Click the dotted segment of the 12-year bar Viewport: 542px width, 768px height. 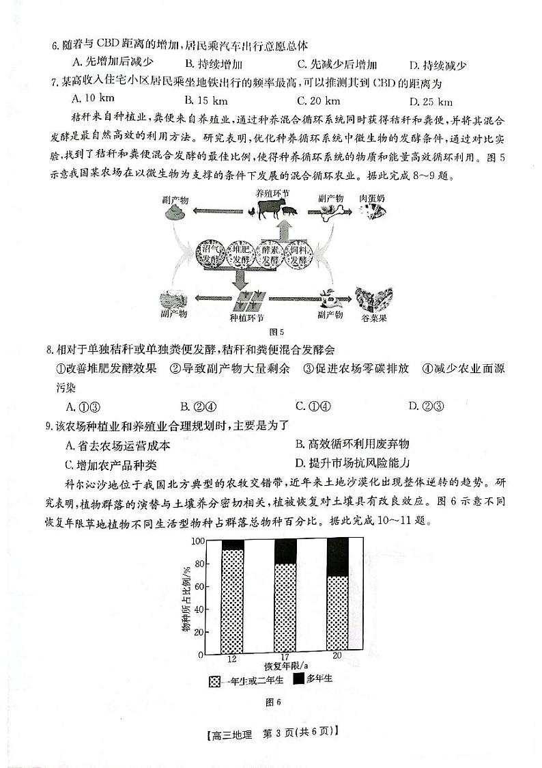click(232, 602)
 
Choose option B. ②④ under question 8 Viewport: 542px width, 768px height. click(188, 406)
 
